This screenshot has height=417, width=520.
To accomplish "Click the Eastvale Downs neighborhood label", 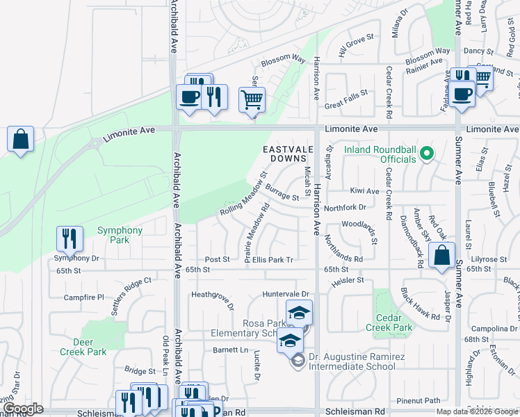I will click(x=284, y=154).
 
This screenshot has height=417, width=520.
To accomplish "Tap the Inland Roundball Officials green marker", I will click(x=428, y=153).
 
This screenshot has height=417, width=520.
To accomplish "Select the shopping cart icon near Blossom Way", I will click(x=252, y=99).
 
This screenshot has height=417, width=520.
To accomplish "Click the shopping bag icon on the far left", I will click(x=21, y=138).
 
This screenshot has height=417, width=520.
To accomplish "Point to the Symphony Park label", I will click(x=120, y=235).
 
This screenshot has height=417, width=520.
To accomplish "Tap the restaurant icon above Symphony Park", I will click(x=70, y=238).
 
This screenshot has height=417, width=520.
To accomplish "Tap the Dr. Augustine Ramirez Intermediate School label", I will click(x=361, y=359).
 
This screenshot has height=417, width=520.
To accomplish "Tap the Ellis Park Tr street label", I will click(x=273, y=259).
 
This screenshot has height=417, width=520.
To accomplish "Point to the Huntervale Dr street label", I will click(x=285, y=294).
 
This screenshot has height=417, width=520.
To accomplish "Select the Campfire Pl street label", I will click(x=83, y=297).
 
